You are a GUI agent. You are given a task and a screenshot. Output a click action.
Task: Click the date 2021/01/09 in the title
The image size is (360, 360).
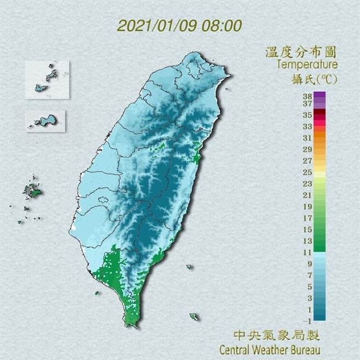point(153,25)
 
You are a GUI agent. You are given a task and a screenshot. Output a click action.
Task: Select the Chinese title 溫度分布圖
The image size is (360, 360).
point(300,53)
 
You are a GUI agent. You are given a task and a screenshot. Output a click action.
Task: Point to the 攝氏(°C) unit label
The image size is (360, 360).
point(313,78)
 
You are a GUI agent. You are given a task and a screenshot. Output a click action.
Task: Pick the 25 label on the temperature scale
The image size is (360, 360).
point(307,172)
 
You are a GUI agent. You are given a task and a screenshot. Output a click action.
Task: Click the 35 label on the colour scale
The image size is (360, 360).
point(307,115)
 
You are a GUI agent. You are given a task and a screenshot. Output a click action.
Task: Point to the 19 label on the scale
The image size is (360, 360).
point(307,206)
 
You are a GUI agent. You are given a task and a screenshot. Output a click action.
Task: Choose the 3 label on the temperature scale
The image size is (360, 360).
point(308,297)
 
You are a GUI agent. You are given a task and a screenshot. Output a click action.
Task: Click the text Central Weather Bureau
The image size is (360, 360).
point(269,348)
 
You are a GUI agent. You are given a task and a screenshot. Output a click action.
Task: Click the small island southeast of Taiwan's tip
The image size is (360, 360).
point(194,317)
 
